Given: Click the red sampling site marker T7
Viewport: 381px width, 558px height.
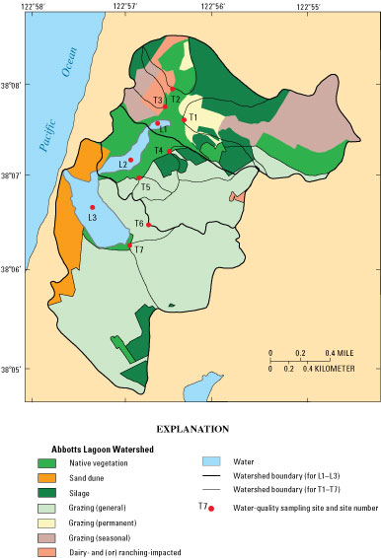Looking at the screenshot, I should click(x=130, y=245).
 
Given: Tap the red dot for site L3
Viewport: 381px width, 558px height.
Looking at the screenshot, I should click(x=93, y=207).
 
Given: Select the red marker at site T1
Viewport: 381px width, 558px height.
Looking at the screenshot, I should click(x=185, y=119).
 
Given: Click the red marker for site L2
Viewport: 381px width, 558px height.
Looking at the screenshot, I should click(x=130, y=160).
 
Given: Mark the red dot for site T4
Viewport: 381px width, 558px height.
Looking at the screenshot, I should click(x=170, y=151).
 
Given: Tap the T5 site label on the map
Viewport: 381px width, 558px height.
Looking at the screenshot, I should click(x=144, y=186).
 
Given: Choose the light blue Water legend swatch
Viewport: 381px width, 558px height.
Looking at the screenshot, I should click(x=212, y=460).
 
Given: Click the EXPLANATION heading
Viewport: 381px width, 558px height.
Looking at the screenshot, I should click(x=190, y=430).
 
